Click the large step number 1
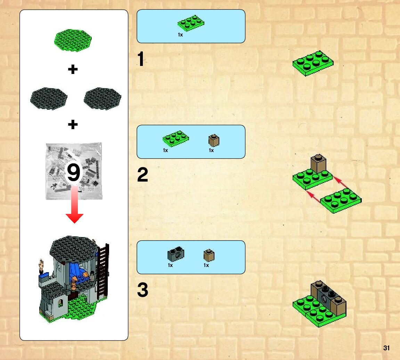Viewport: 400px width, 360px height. (141, 59)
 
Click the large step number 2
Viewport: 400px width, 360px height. (142, 175)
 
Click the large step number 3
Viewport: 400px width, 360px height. (142, 290)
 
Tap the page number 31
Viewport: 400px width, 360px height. (386, 348)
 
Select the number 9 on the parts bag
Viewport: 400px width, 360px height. (73, 173)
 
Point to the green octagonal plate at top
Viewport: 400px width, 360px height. (73, 40)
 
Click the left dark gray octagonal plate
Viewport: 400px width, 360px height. (48, 98)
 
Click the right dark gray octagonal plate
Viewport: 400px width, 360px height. (103, 98)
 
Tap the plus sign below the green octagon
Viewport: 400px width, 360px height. (73, 70)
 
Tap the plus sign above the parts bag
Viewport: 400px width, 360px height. (73, 124)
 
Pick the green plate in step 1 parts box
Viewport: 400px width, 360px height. (191, 23)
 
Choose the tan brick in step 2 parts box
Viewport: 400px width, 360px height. (214, 141)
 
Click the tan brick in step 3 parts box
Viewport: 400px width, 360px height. (209, 256)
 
